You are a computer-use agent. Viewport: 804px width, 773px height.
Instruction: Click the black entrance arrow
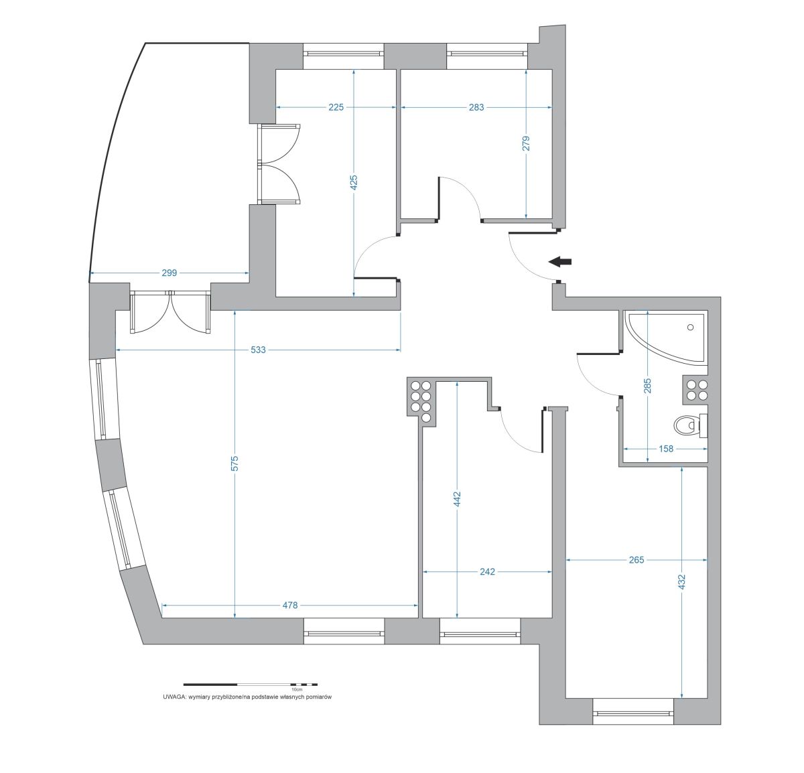coord(560,261)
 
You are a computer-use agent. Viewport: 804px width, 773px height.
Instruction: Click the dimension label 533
coord(258,350)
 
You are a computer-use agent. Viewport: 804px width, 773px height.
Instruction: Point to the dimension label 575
coord(234,463)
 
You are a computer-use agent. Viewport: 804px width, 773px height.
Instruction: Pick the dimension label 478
coord(289,606)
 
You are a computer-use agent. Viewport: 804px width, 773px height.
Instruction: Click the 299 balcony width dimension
coord(170,273)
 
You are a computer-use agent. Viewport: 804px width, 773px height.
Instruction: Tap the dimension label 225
coord(336,107)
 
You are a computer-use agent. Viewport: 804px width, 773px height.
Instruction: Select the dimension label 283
coord(476,107)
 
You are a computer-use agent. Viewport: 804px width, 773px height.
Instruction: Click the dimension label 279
coord(526,143)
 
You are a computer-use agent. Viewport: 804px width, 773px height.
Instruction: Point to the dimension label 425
coord(354,183)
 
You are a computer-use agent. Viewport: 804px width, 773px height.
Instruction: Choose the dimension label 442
coord(457,499)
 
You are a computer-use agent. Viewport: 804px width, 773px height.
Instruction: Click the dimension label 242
coord(488,572)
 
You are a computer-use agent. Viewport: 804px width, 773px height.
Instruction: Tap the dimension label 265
coord(636,560)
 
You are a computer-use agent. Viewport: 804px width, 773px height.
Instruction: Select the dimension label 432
coord(681,581)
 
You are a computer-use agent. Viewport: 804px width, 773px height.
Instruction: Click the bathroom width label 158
coord(666,449)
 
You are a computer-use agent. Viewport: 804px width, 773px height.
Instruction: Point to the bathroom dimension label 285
coord(647,386)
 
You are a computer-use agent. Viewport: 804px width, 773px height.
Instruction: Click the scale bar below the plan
coord(251,685)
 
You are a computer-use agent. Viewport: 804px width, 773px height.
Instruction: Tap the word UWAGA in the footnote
coord(174,697)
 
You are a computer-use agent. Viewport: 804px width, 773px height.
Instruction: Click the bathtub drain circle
coord(690,327)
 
